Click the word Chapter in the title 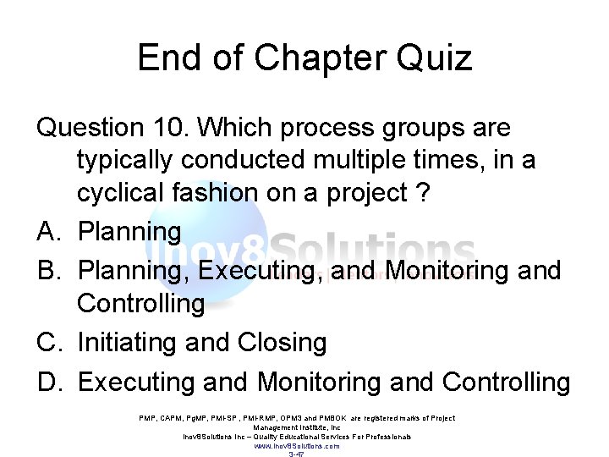(x=315, y=58)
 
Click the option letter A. (x=47, y=231)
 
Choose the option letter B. (x=47, y=271)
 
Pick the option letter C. (x=47, y=343)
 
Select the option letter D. (x=47, y=382)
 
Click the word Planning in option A (x=129, y=232)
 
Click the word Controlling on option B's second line (x=140, y=304)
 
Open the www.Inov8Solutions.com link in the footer (x=297, y=445)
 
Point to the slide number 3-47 (x=297, y=454)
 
